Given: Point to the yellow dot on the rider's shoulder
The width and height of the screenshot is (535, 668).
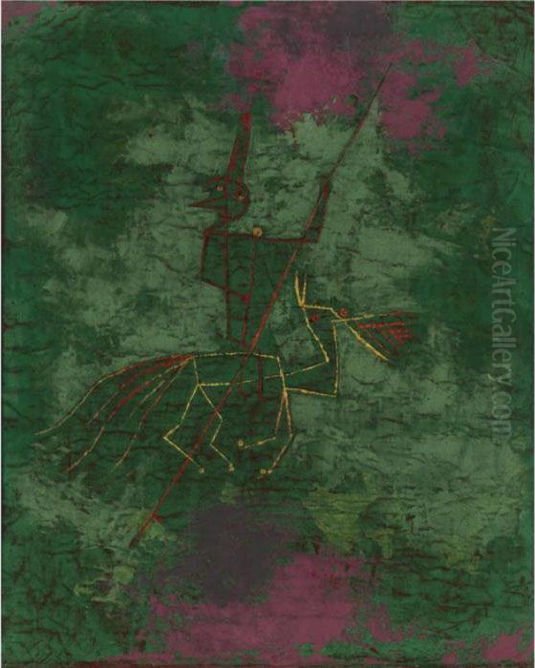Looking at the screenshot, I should click(256, 231).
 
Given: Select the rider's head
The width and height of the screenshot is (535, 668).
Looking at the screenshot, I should click(233, 195).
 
